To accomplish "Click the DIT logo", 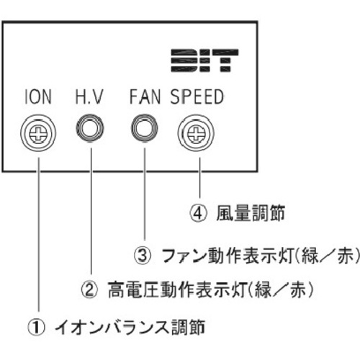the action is pos(204,60).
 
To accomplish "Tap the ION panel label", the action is pos(38,96).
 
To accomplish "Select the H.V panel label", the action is pos(89,96).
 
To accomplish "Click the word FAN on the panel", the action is pos(145,96).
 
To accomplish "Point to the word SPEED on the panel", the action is pos(197,96).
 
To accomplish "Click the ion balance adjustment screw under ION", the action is pos(38,132).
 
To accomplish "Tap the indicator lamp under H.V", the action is pos(90,127).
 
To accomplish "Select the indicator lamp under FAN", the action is pos(145,127).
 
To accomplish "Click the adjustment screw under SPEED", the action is pos(196,133).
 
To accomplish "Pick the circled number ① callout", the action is pos(36,328).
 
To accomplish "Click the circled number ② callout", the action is pos(89,289).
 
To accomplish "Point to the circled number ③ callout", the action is pos(143,256).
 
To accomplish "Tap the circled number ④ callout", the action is pos(198,213).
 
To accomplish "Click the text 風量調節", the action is pos(251,213).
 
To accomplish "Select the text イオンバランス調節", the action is pos(130,328).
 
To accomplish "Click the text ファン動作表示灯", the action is pos(228,256).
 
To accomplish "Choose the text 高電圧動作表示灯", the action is pos(177,289).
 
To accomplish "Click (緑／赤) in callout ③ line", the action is pos(328,256).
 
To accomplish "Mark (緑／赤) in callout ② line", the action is pos(280,289).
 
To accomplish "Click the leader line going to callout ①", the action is pos(39,235).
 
